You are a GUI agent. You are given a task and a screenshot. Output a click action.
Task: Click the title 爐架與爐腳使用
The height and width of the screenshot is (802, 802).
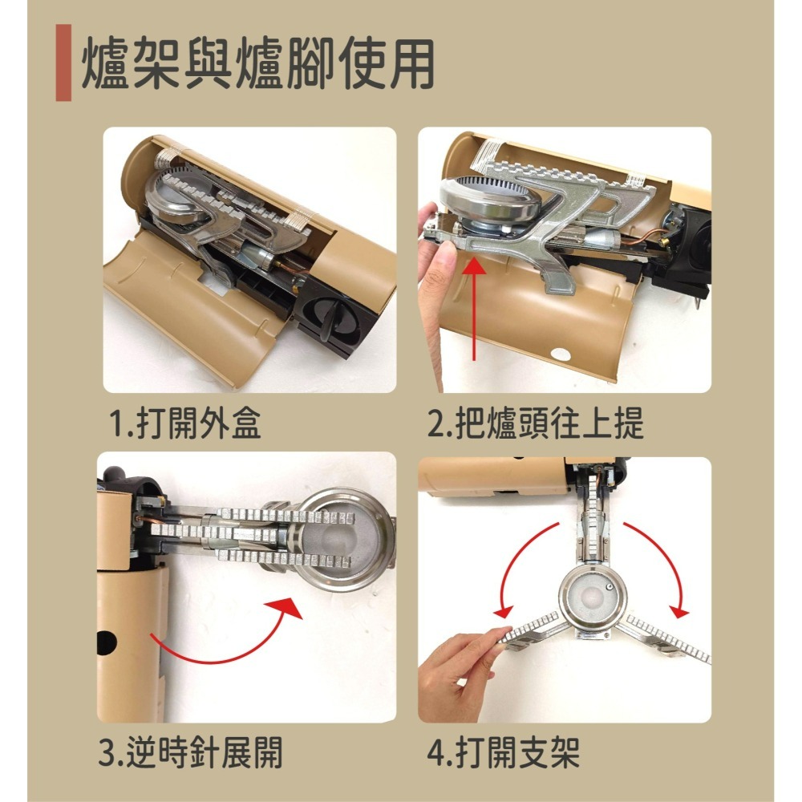[x=257, y=63]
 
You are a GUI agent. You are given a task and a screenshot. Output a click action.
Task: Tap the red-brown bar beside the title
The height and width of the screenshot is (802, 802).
[x=63, y=63]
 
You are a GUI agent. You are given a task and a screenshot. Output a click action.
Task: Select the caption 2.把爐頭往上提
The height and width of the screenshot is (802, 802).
[x=535, y=423]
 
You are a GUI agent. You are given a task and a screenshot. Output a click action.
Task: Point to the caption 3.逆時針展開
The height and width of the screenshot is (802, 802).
[x=190, y=752]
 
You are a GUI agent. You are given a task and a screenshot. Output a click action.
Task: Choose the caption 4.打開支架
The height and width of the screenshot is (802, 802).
[x=504, y=752]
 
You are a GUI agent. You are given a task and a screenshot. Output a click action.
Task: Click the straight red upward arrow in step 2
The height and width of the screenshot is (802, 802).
[x=476, y=309]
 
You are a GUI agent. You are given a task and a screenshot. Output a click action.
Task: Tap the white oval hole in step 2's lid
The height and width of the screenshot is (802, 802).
[x=561, y=354]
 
